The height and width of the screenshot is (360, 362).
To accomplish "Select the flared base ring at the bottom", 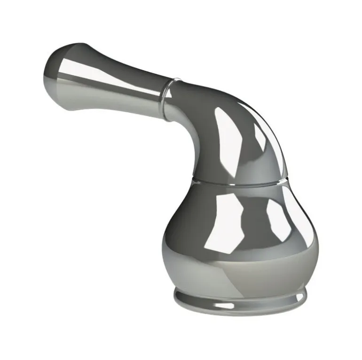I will pyautogui.click(x=240, y=301).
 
